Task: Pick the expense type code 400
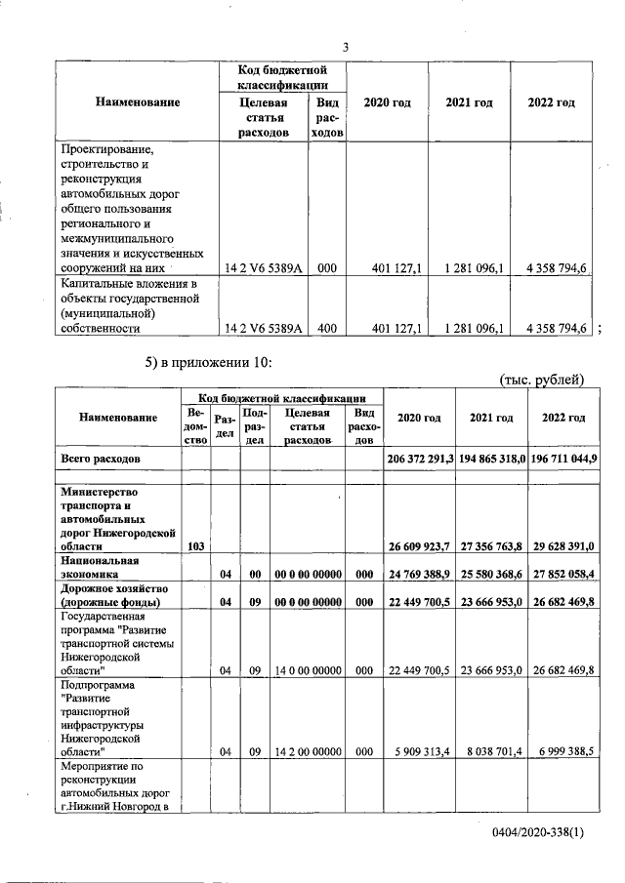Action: coord(327,329)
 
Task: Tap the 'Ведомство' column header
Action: coord(195,426)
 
